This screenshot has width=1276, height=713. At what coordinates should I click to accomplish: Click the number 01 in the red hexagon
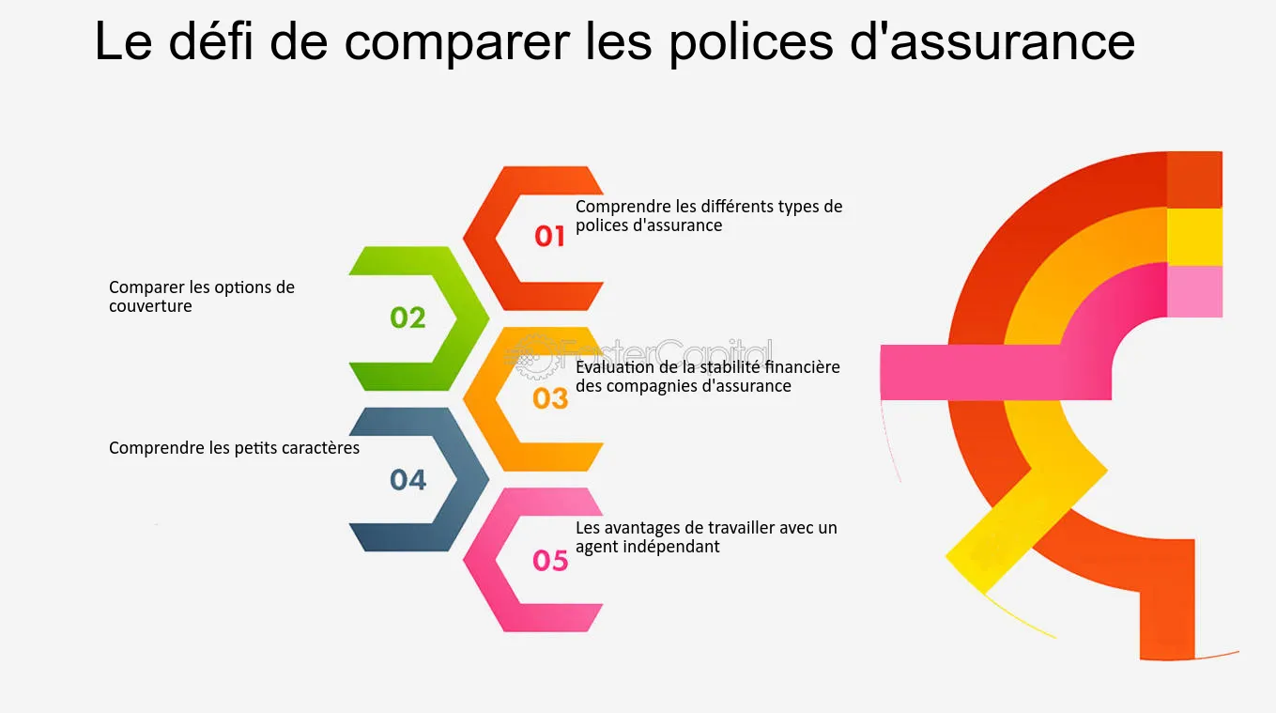pyautogui.click(x=550, y=237)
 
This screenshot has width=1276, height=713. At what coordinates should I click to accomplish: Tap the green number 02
pyautogui.click(x=407, y=318)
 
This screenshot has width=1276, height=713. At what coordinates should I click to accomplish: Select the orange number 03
pyautogui.click(x=550, y=399)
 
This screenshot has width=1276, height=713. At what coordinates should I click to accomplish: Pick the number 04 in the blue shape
pyautogui.click(x=407, y=480)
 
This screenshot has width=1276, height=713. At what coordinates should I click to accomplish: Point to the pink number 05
pyautogui.click(x=550, y=561)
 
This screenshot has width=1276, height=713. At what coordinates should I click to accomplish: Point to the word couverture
pyautogui.click(x=150, y=306)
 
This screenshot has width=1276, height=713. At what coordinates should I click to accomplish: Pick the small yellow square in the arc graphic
pyautogui.click(x=1194, y=237)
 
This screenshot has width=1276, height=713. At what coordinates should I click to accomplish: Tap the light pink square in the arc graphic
pyautogui.click(x=1194, y=291)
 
